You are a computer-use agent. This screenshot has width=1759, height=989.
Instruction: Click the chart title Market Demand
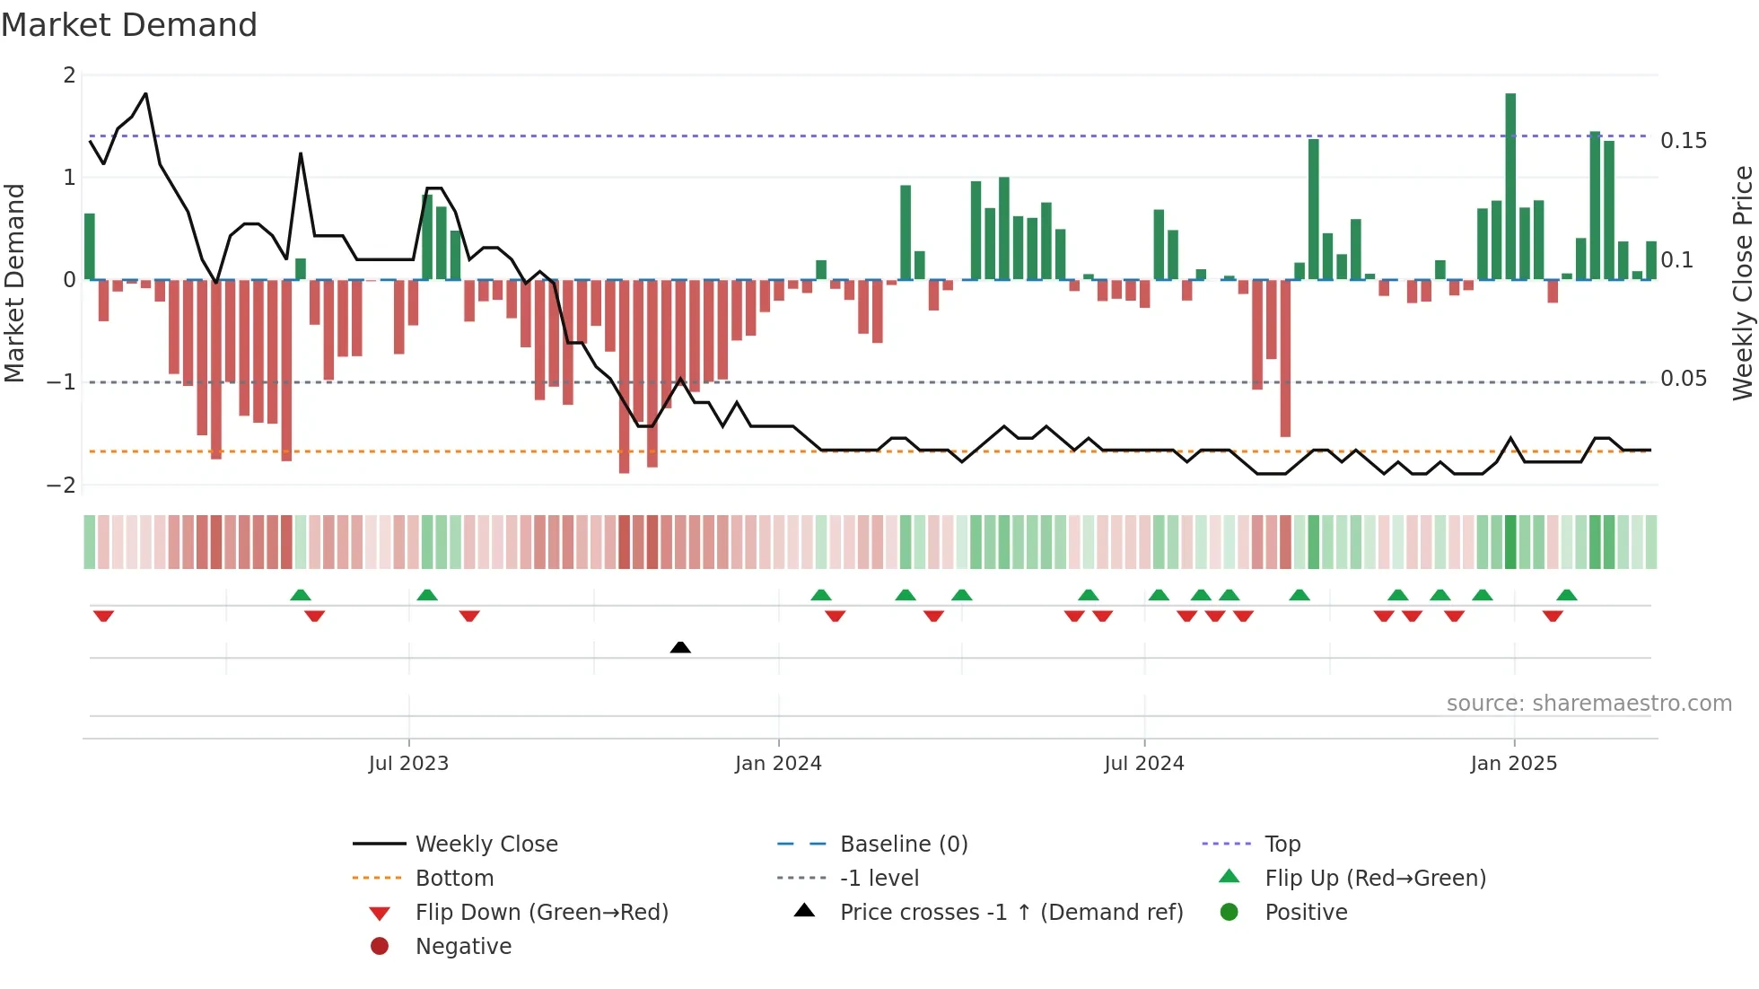point(129,25)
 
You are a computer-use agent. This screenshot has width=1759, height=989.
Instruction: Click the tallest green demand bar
point(1510,187)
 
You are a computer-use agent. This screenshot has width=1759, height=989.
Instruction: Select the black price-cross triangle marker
point(680,647)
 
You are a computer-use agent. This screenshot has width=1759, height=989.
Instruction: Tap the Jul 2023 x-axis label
point(408,764)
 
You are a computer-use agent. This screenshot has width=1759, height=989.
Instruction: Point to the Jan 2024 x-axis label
point(778,764)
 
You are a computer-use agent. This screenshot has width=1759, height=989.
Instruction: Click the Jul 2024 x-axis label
point(1144,764)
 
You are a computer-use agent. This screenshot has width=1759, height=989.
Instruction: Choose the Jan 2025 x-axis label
point(1514,764)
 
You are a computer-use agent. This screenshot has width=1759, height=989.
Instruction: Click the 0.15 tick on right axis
point(1684,141)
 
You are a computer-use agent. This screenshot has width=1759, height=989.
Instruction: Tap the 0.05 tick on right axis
point(1684,379)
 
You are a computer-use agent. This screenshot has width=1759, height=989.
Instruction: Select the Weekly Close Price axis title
point(1743,283)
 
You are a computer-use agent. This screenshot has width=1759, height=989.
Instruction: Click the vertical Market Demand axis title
point(14,283)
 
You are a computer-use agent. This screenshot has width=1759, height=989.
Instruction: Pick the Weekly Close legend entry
point(486,845)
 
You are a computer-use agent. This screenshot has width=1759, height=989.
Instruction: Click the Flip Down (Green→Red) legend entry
point(541,913)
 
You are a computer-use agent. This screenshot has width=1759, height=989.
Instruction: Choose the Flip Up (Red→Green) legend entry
point(1375,879)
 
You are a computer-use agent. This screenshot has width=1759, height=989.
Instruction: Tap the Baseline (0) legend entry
point(904,845)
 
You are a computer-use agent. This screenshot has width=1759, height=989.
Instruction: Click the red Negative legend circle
point(380,947)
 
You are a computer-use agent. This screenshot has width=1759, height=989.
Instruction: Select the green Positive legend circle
point(1230,913)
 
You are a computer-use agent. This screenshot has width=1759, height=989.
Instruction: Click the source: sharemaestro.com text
point(1588,704)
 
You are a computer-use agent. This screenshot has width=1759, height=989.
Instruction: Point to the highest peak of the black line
point(145,93)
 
